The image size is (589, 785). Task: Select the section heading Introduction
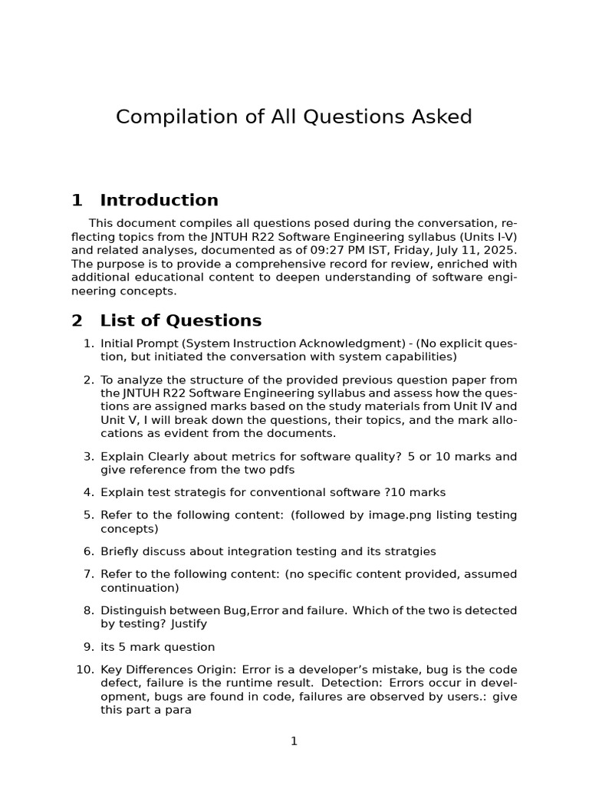pyautogui.click(x=159, y=201)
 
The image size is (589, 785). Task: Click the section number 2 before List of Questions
pyautogui.click(x=77, y=320)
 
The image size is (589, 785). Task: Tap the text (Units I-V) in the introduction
pyautogui.click(x=488, y=237)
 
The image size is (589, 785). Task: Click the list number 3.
pyautogui.click(x=88, y=457)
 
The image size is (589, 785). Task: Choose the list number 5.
pyautogui.click(x=88, y=515)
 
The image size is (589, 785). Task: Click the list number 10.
pyautogui.click(x=85, y=669)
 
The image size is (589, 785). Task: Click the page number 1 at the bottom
pyautogui.click(x=294, y=741)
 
